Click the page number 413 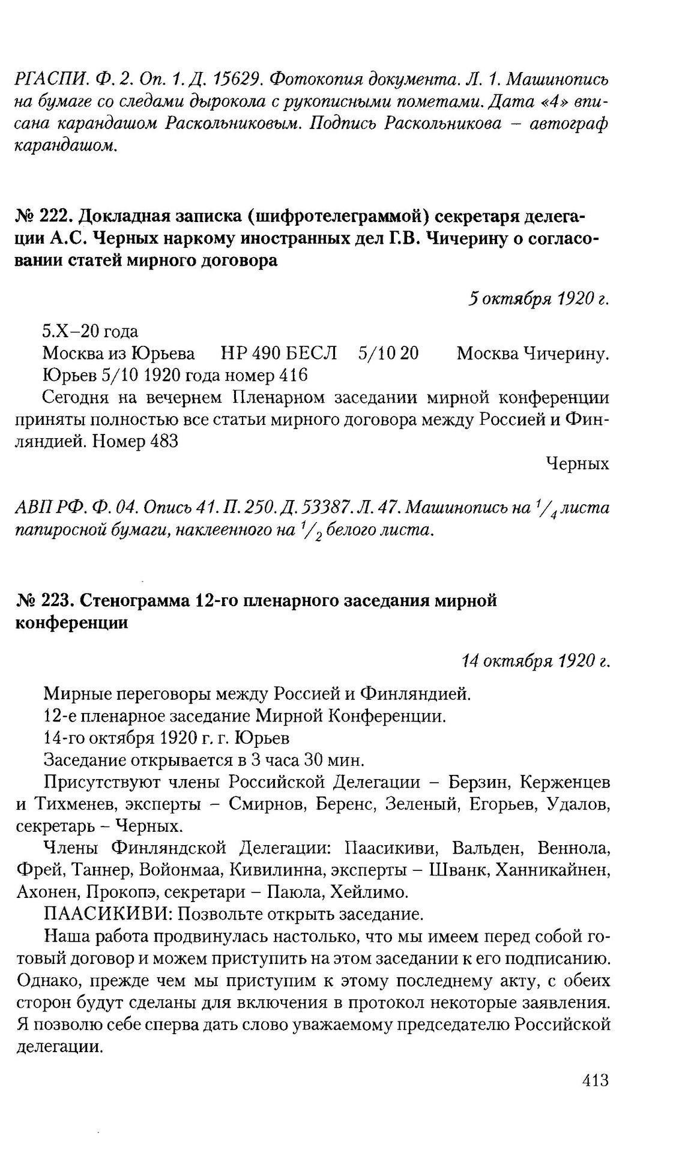pos(595,1080)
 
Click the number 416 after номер pos(292,375)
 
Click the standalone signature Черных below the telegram pos(578,464)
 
